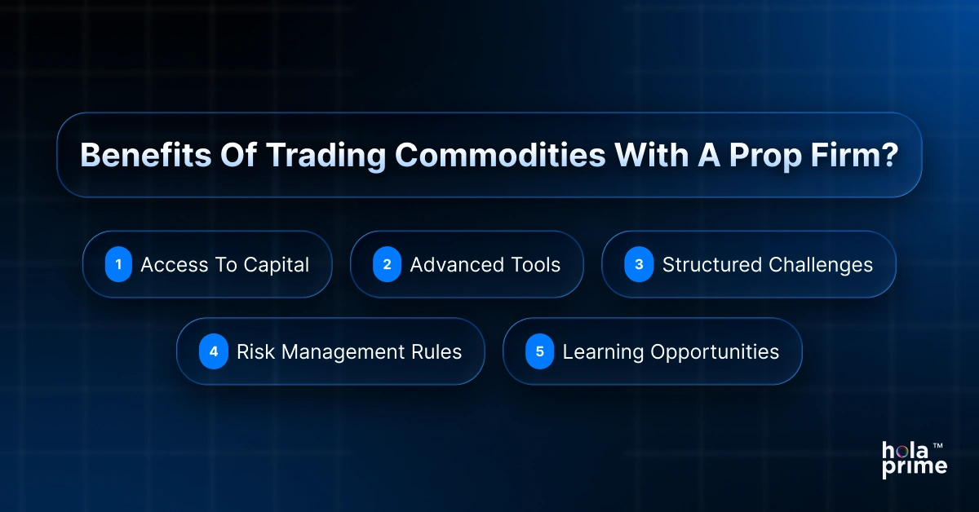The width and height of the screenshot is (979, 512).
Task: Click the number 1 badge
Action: tap(118, 265)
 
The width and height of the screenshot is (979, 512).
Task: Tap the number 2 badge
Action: tap(387, 265)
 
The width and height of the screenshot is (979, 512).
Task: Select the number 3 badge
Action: tap(639, 265)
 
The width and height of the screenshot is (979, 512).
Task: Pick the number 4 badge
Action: tap(214, 352)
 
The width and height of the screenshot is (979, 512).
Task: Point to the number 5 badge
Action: tap(539, 352)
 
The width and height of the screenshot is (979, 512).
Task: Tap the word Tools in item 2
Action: tap(534, 265)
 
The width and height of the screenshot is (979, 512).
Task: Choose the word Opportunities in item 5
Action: tap(715, 352)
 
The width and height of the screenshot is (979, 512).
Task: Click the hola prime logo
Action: tap(912, 459)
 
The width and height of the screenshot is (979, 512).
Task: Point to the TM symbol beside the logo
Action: tap(938, 446)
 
